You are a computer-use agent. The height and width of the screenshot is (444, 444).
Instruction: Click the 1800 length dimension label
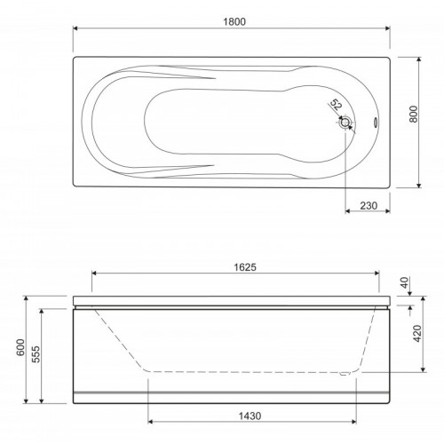(x=234, y=21)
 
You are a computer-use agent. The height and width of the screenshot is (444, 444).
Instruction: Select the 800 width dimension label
(x=414, y=114)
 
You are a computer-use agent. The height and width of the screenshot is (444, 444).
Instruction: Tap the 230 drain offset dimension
(x=369, y=205)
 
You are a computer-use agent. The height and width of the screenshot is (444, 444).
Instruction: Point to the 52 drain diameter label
(x=336, y=105)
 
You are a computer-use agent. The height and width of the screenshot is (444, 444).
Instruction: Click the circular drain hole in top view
(x=345, y=123)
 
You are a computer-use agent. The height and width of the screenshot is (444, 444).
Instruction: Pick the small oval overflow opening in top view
(x=376, y=123)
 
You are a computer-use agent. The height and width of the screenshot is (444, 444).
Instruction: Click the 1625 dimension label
(x=245, y=267)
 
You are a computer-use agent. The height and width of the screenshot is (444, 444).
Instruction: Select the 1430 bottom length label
(x=250, y=416)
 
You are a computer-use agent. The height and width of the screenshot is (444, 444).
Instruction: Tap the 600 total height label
(x=21, y=347)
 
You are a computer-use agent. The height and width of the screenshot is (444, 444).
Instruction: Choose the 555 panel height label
(x=36, y=354)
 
